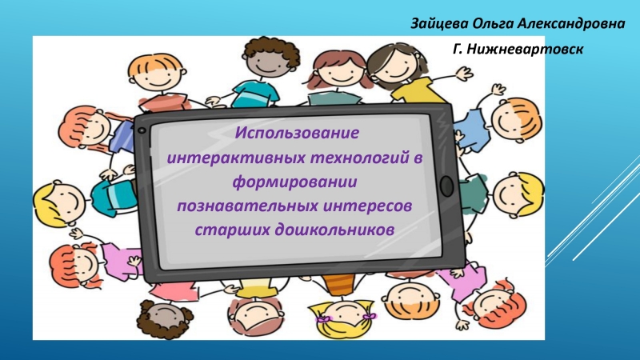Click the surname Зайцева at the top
(x=439, y=24)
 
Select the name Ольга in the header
(x=492, y=24)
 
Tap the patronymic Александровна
(x=570, y=23)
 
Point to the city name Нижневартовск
(x=525, y=49)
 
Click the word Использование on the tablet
(x=297, y=133)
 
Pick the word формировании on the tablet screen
(x=294, y=182)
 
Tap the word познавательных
(x=247, y=206)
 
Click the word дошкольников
(x=334, y=230)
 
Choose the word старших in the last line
(x=232, y=230)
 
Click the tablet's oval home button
(x=447, y=186)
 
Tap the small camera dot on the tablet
(x=142, y=130)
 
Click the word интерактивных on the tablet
(x=236, y=158)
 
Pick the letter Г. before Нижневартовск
(x=458, y=49)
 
